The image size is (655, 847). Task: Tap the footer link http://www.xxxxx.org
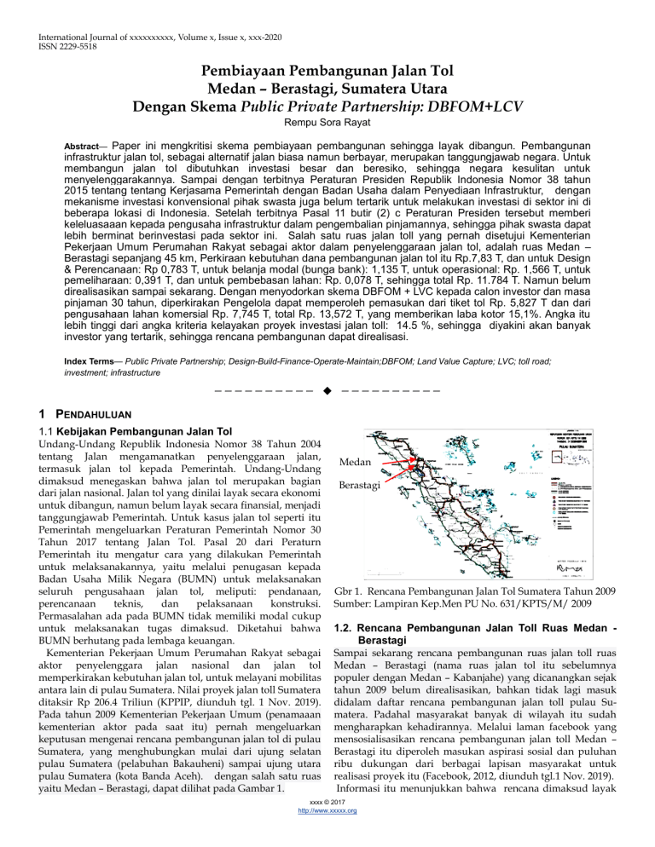click(x=327, y=834)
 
